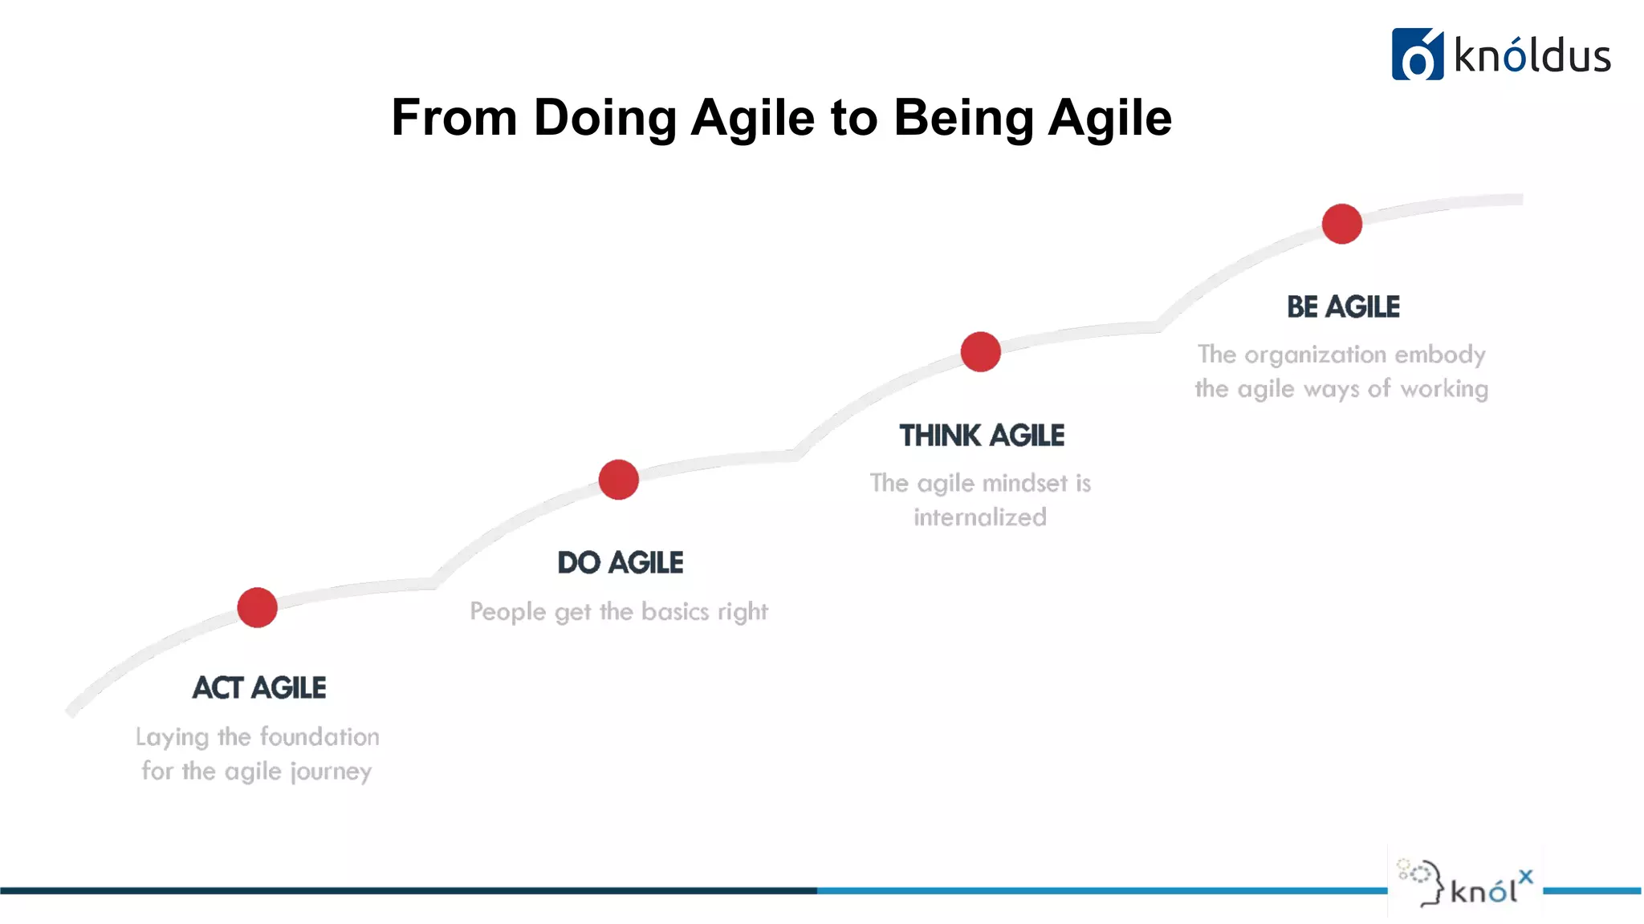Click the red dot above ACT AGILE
point(257,607)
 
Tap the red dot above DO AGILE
point(618,480)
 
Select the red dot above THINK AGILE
point(980,351)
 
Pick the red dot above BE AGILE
point(1341,224)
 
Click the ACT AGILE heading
point(258,688)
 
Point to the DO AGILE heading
point(620,563)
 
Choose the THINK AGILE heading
point(981,436)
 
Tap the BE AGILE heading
point(1343,307)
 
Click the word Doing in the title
point(604,119)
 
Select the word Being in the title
point(963,119)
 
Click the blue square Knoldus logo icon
point(1417,55)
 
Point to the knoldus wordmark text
point(1532,56)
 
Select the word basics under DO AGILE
point(675,611)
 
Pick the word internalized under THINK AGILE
point(979,517)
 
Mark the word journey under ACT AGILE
point(331,772)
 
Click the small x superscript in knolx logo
point(1525,877)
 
